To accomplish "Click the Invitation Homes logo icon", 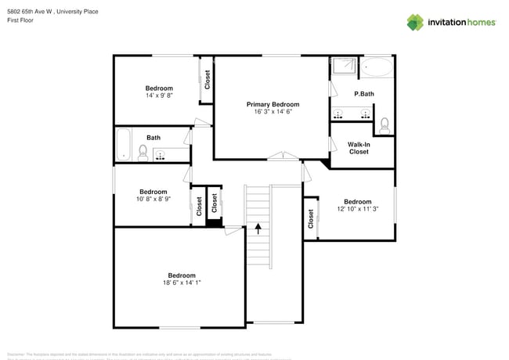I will coord(416,22).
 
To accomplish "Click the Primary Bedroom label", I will coord(273,104).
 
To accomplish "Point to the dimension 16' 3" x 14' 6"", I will coord(273,112).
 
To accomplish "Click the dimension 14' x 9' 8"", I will coord(159,95).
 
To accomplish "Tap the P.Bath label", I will coord(364,94).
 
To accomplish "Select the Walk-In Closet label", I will coord(359,147).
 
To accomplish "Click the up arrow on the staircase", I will coord(258,229).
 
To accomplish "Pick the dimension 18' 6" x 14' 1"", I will coord(181,283).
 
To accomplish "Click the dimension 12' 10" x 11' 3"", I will coord(358,209).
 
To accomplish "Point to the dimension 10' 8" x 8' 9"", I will coord(153,199).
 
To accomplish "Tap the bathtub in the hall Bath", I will coord(124,144).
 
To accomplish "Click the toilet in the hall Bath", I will coord(143,152).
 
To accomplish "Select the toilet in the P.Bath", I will coord(384,124).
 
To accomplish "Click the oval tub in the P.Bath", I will coord(379,68).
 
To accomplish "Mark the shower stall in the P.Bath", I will coord(342,69).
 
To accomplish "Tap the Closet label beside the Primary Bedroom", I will coord(208,80).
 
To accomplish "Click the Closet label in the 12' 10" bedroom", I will coord(311,218).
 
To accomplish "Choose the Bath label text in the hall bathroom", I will coord(153,138).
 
